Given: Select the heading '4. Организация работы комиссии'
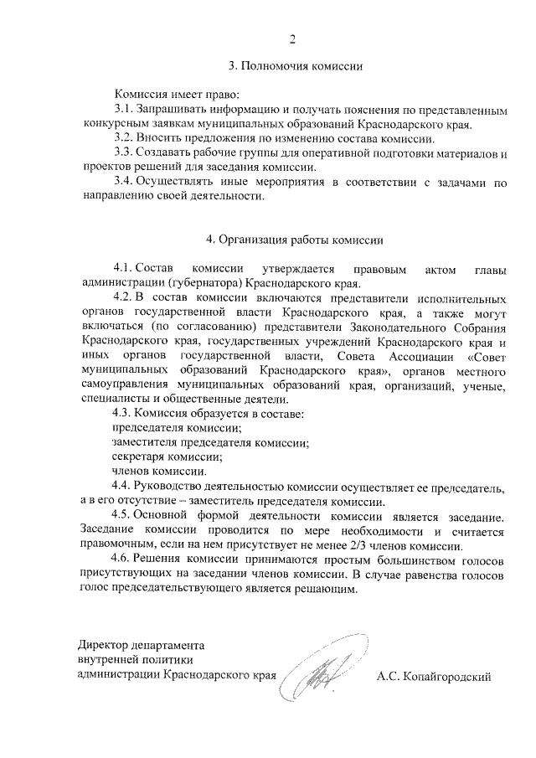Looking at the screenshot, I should tap(295, 240).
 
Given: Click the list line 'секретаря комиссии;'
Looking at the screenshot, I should tap(167, 456).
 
